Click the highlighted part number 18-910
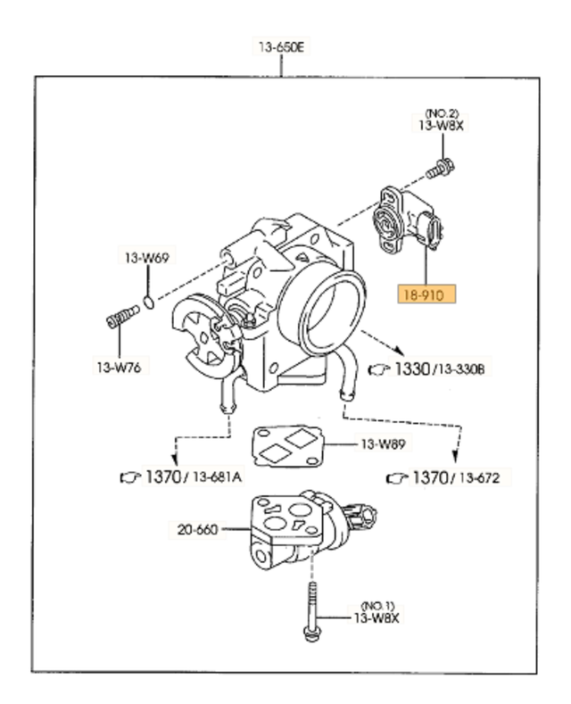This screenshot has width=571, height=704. point(426,294)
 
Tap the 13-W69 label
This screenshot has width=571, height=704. point(145,258)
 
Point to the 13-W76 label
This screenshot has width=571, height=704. point(119,366)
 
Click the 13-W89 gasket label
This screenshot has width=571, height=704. point(383,443)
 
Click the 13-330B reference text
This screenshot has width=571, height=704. point(459,369)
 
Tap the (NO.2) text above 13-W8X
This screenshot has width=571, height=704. point(441,113)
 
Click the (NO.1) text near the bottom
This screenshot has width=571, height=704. point(377,604)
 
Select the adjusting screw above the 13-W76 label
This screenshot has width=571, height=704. point(121,317)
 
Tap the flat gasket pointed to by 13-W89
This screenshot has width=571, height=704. point(285,445)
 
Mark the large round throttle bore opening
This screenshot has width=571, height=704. point(333,312)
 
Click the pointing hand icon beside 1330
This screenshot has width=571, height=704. point(380,368)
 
